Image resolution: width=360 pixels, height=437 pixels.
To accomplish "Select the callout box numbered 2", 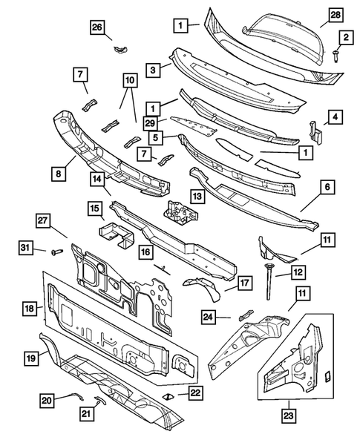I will (344, 37).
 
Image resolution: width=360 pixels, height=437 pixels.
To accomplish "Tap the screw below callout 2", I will (336, 56).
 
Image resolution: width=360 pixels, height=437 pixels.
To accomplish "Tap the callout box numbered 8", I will (57, 174).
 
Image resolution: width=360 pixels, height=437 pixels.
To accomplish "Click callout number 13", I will (197, 196).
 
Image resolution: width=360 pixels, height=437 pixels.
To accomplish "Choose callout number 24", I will (211, 318).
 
